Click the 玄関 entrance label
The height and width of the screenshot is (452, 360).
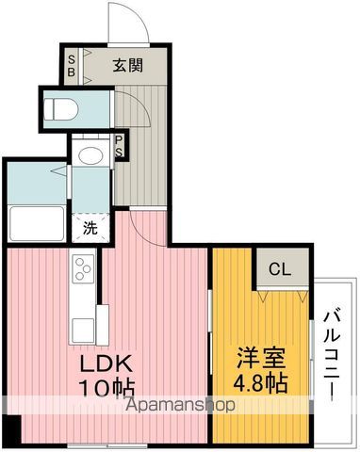[x=128, y=65]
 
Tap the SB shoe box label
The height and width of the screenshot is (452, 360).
[x=72, y=66]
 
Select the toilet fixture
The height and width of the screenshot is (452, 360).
[x=61, y=109]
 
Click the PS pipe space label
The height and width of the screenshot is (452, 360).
[x=120, y=146]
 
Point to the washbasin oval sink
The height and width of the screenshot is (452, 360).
[x=91, y=155]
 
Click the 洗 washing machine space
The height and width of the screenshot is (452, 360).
[x=90, y=228]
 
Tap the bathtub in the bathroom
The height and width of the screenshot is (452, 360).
[x=37, y=223]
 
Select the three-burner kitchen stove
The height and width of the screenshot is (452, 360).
[x=83, y=267]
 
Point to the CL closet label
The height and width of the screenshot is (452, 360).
[x=280, y=269]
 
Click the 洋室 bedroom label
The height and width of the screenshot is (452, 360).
[x=261, y=358]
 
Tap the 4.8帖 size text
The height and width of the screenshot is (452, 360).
[x=260, y=382]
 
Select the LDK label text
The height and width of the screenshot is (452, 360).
[x=106, y=363]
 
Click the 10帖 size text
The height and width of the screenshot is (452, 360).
[x=106, y=388]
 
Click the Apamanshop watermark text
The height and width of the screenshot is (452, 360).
[x=180, y=405]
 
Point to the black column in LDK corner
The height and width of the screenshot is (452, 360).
[x=12, y=429]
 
